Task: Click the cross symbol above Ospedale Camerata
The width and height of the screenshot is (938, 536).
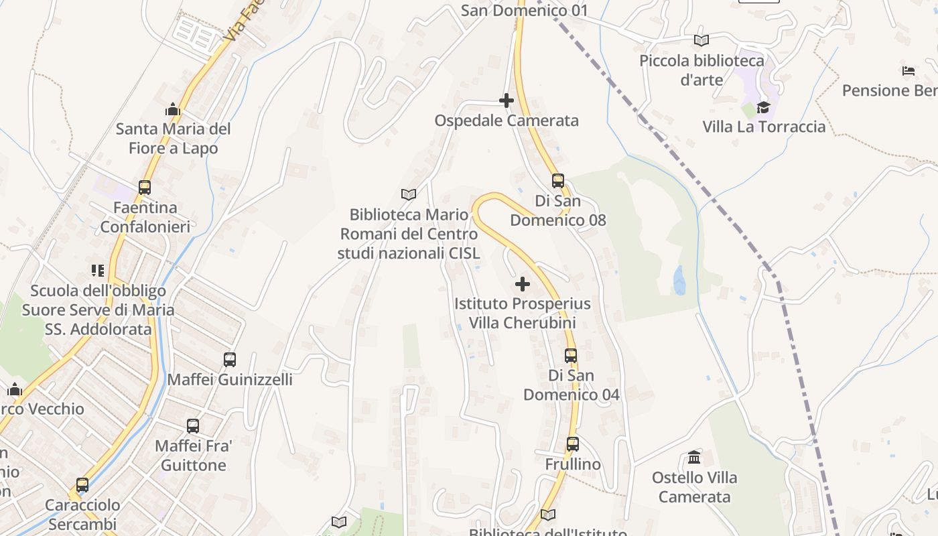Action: (507, 100)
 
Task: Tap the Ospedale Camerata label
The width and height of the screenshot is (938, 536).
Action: (507, 121)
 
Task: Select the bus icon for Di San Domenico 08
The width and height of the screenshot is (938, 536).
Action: (557, 180)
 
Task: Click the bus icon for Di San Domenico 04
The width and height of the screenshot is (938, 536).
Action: (571, 355)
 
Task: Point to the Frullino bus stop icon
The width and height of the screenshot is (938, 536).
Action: (573, 444)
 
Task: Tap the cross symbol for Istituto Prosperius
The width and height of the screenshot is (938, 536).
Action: (523, 284)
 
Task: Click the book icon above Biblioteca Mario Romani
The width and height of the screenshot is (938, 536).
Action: (409, 194)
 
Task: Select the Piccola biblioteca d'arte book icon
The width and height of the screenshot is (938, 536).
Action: (701, 40)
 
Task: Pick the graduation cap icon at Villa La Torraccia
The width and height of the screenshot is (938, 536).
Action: (763, 107)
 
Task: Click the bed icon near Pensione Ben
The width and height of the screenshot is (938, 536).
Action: (909, 70)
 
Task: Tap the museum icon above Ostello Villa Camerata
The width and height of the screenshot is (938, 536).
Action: (694, 458)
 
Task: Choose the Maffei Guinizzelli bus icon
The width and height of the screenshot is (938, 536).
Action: (230, 360)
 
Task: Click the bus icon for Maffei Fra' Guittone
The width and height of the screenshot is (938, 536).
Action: (193, 425)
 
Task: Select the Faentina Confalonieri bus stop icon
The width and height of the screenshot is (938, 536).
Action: (145, 188)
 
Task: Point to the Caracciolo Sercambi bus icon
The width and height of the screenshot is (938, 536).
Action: (82, 484)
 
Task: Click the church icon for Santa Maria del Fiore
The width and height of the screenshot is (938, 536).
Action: (173, 109)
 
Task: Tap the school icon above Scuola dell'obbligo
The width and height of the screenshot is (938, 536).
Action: (98, 271)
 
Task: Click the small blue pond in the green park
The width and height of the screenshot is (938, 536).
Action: (679, 280)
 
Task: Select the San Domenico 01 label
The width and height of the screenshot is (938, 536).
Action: (525, 11)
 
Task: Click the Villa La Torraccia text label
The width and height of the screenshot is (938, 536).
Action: (764, 127)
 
